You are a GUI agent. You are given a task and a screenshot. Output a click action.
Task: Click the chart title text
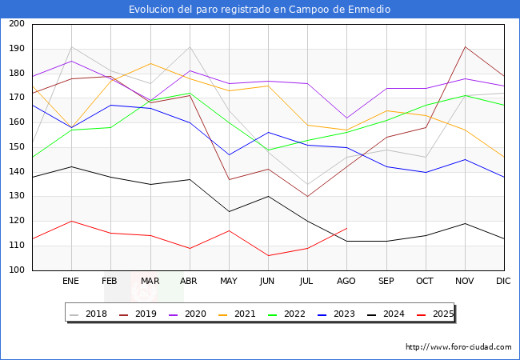(x=260, y=9)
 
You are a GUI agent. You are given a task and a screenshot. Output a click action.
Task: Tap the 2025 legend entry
(x=437, y=314)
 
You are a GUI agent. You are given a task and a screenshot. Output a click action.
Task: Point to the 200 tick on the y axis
(x=16, y=24)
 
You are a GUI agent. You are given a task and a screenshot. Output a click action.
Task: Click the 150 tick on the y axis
(x=16, y=147)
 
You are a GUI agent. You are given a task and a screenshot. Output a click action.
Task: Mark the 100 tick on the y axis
(x=16, y=270)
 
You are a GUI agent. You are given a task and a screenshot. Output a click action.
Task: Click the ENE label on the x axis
(x=71, y=282)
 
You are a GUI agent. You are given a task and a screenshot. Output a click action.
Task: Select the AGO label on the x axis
(x=347, y=282)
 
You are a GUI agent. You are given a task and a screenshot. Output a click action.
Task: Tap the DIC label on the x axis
(x=503, y=282)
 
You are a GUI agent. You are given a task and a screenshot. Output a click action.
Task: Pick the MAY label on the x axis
(x=229, y=282)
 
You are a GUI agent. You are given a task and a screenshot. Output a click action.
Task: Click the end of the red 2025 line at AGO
(x=346, y=228)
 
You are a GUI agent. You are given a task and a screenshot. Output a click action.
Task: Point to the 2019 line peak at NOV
(x=465, y=46)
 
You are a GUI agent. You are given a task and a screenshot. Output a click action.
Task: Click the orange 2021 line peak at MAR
(x=150, y=63)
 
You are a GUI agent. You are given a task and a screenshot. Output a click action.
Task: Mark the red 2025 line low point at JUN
(x=268, y=255)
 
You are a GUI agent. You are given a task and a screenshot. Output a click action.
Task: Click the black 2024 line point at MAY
(x=229, y=211)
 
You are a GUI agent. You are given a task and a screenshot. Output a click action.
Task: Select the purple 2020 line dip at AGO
(x=346, y=118)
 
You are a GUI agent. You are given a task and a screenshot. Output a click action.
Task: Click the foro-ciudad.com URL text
(x=458, y=347)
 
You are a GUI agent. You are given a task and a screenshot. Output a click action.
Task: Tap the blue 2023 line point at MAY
(x=229, y=154)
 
